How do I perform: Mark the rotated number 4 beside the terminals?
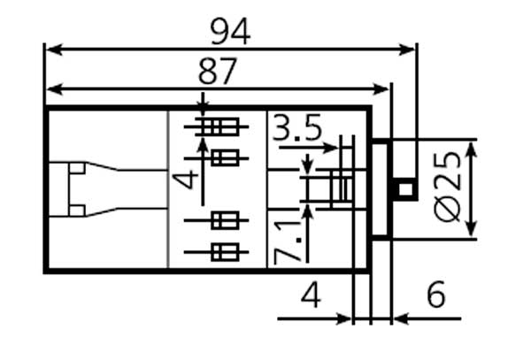[187, 180]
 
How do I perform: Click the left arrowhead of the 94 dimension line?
[51, 49]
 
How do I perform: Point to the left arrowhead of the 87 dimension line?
[51, 88]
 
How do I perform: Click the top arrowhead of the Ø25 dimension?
[472, 147]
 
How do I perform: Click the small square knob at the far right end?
[405, 188]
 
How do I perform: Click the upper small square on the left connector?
[78, 167]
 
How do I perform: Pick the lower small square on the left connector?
[78, 210]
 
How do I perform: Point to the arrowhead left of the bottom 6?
[400, 318]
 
